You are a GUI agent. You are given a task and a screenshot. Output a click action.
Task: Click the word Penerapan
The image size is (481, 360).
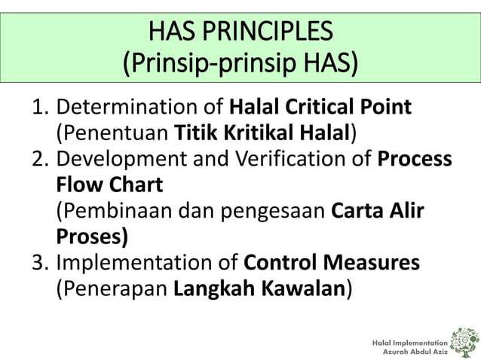[109, 289]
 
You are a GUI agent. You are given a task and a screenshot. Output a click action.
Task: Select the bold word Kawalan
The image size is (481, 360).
[302, 289]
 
